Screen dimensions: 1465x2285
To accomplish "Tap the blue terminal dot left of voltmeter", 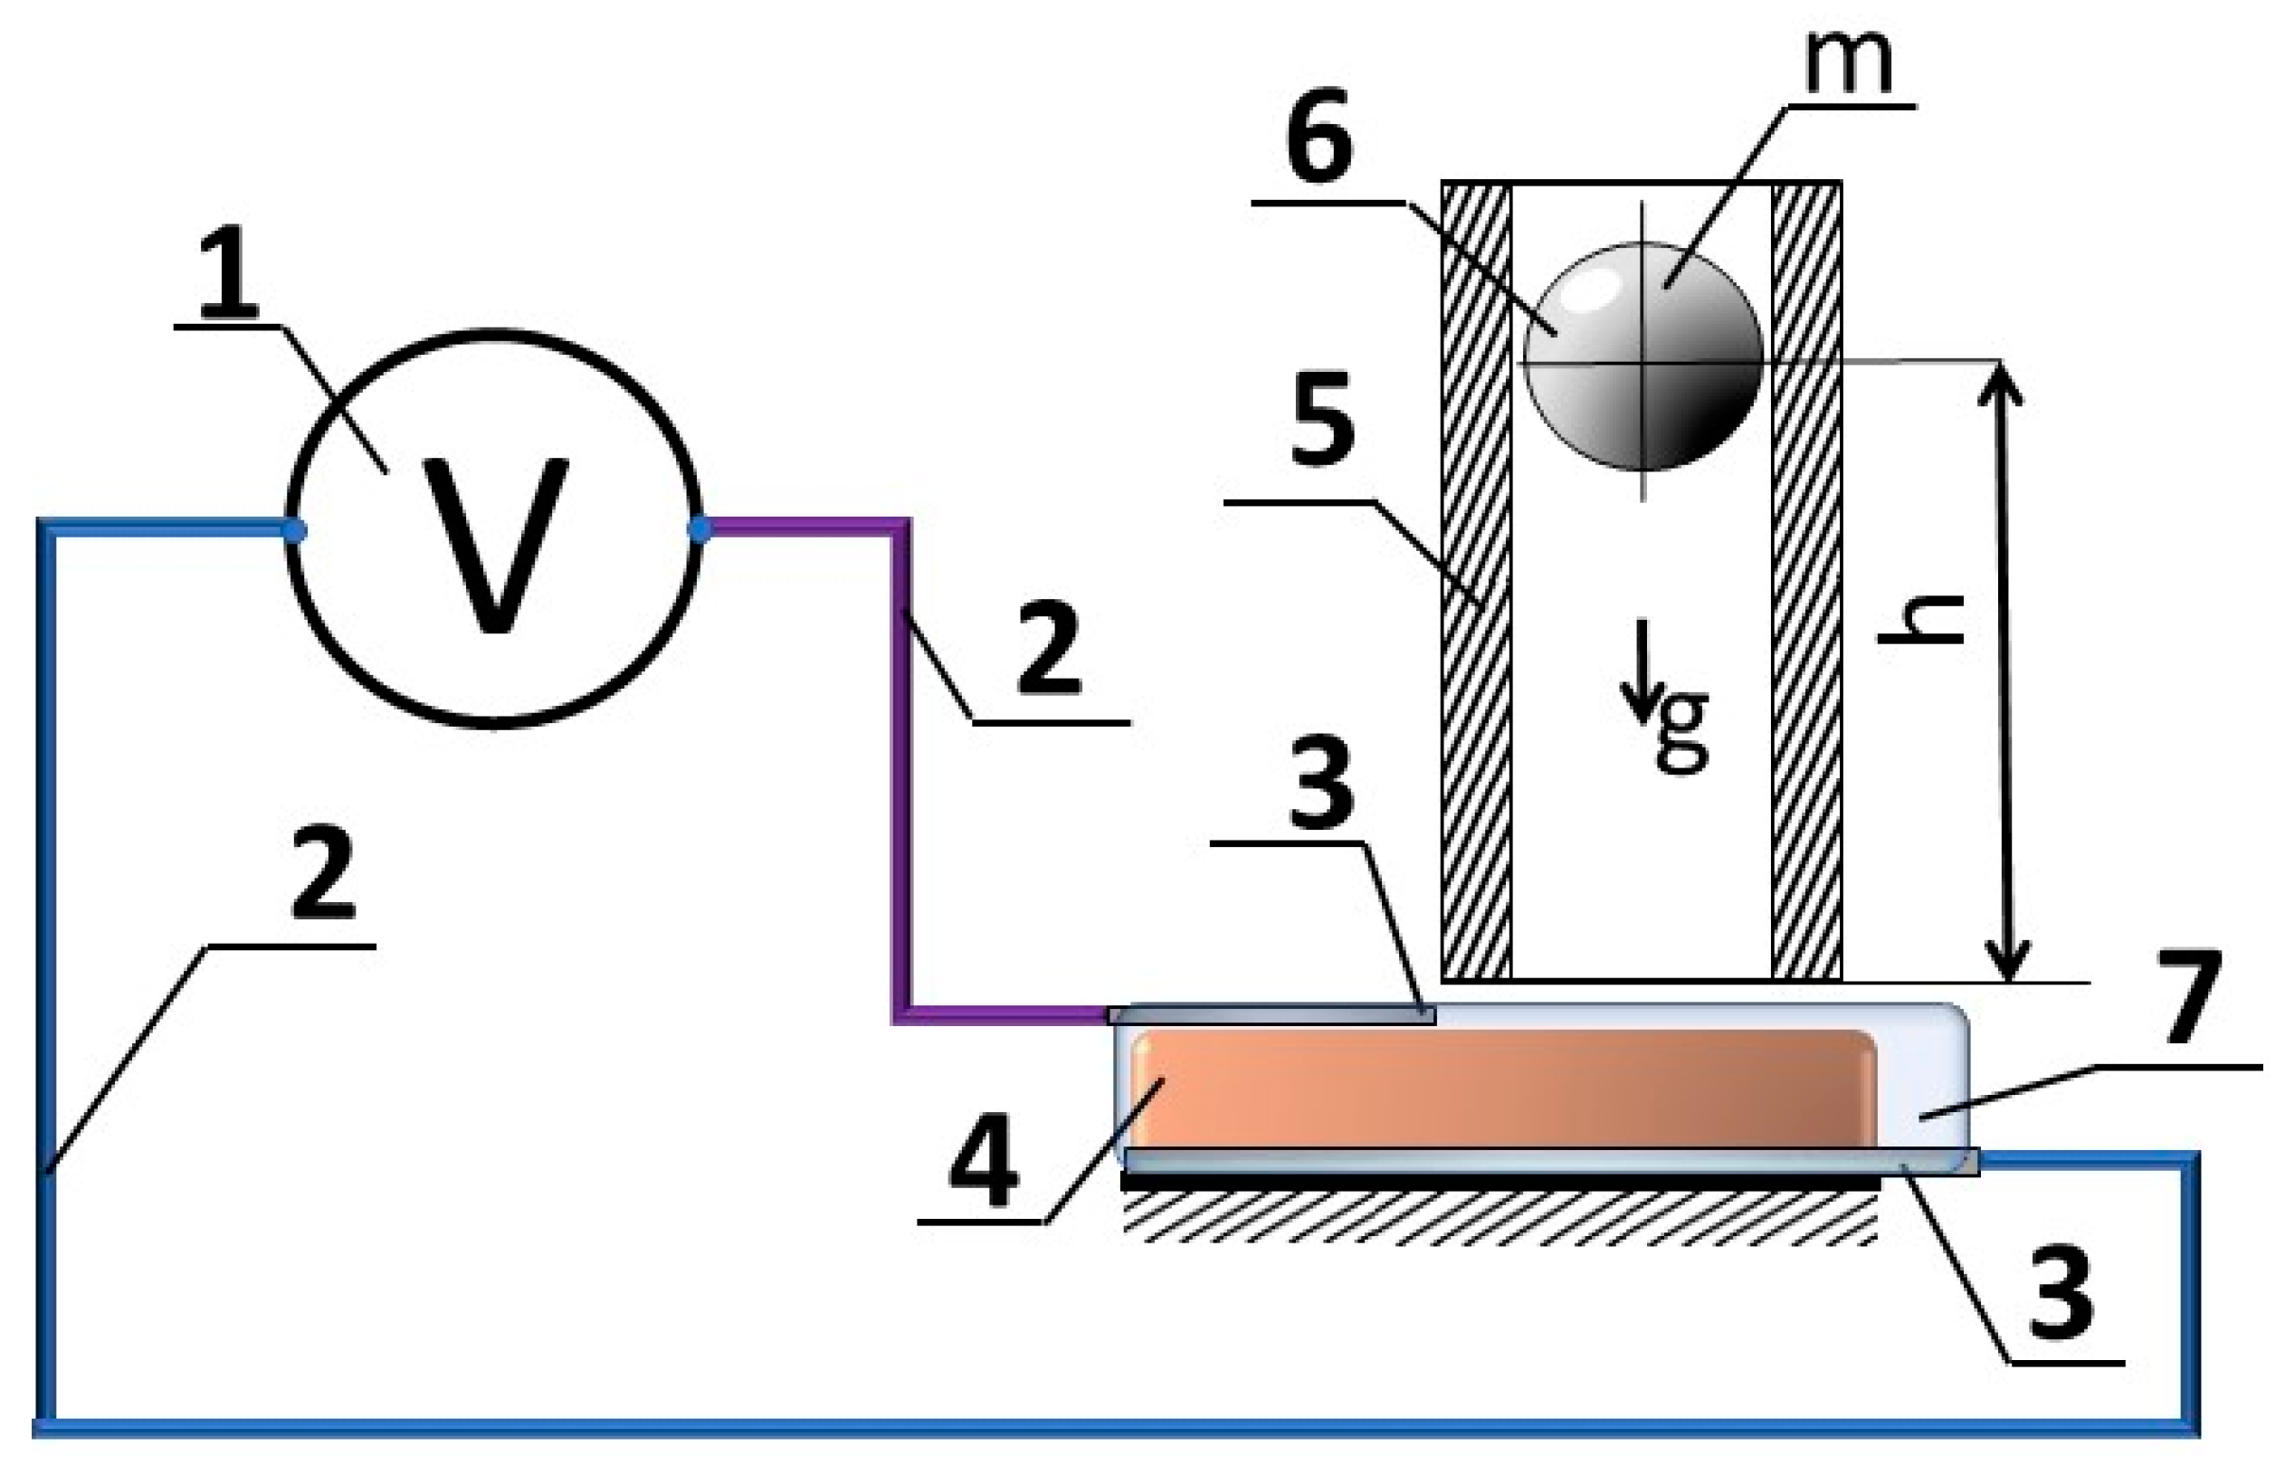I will coord(294,531).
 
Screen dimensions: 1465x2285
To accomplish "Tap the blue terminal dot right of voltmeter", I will coord(700,530).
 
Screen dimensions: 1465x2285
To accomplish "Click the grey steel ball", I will coord(1642,356).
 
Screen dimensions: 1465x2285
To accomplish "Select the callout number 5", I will coord(1322,419).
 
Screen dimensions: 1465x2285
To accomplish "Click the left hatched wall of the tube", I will coord(1475,580).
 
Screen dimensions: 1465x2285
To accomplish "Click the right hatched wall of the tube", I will coord(1805,580).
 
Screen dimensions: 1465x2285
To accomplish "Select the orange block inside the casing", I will coord(1503,1090).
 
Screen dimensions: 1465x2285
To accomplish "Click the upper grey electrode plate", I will coord(1271,1016).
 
